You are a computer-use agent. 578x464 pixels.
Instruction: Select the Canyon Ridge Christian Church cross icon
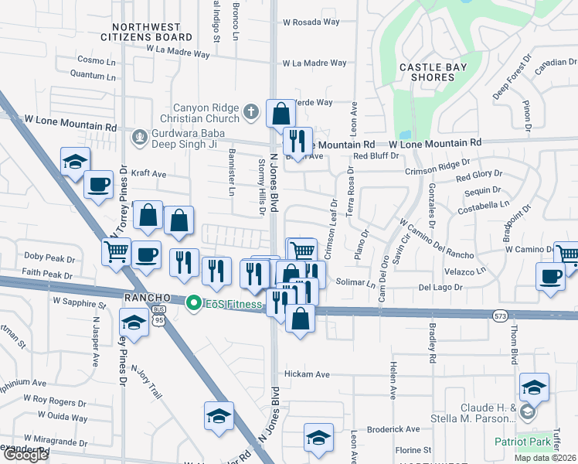[250, 113]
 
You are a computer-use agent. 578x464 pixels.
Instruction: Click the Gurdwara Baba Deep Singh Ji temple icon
[140, 137]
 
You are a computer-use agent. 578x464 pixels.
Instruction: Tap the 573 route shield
[500, 315]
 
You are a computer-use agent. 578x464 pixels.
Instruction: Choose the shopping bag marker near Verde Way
[280, 114]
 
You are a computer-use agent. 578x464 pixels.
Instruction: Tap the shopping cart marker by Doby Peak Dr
[116, 250]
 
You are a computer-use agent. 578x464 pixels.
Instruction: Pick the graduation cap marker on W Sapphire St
[134, 322]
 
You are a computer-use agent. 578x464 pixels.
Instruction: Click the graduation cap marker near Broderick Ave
[318, 437]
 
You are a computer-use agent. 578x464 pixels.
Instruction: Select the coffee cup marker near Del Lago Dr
[550, 276]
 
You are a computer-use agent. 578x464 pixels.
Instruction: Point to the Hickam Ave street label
[307, 374]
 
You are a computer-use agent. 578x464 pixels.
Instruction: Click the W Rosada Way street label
[311, 22]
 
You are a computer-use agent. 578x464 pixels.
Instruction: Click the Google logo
[25, 455]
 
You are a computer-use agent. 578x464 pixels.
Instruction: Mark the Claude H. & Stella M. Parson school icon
[528, 412]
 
